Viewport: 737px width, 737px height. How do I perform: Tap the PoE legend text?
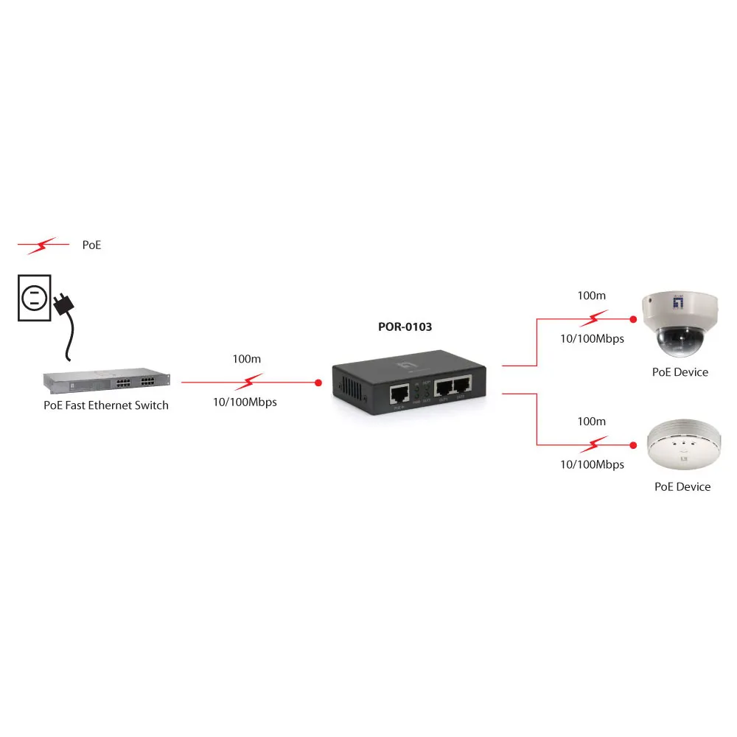(91, 245)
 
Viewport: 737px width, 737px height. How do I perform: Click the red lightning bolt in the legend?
(43, 245)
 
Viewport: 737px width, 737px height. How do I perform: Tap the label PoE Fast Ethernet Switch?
(106, 405)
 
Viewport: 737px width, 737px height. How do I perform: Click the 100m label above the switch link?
(245, 359)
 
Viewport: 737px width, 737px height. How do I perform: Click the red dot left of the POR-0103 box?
(318, 383)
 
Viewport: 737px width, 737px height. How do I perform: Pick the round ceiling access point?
(680, 447)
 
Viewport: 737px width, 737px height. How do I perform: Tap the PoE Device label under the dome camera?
(680, 372)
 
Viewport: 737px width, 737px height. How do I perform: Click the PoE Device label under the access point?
(682, 486)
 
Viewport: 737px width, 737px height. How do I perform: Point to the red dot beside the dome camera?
(632, 319)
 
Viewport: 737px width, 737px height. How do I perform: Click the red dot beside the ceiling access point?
(632, 445)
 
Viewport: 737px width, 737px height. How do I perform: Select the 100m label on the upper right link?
(591, 296)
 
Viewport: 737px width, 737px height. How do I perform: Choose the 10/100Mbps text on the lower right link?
(592, 464)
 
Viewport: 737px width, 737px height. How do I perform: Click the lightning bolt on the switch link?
(252, 382)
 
